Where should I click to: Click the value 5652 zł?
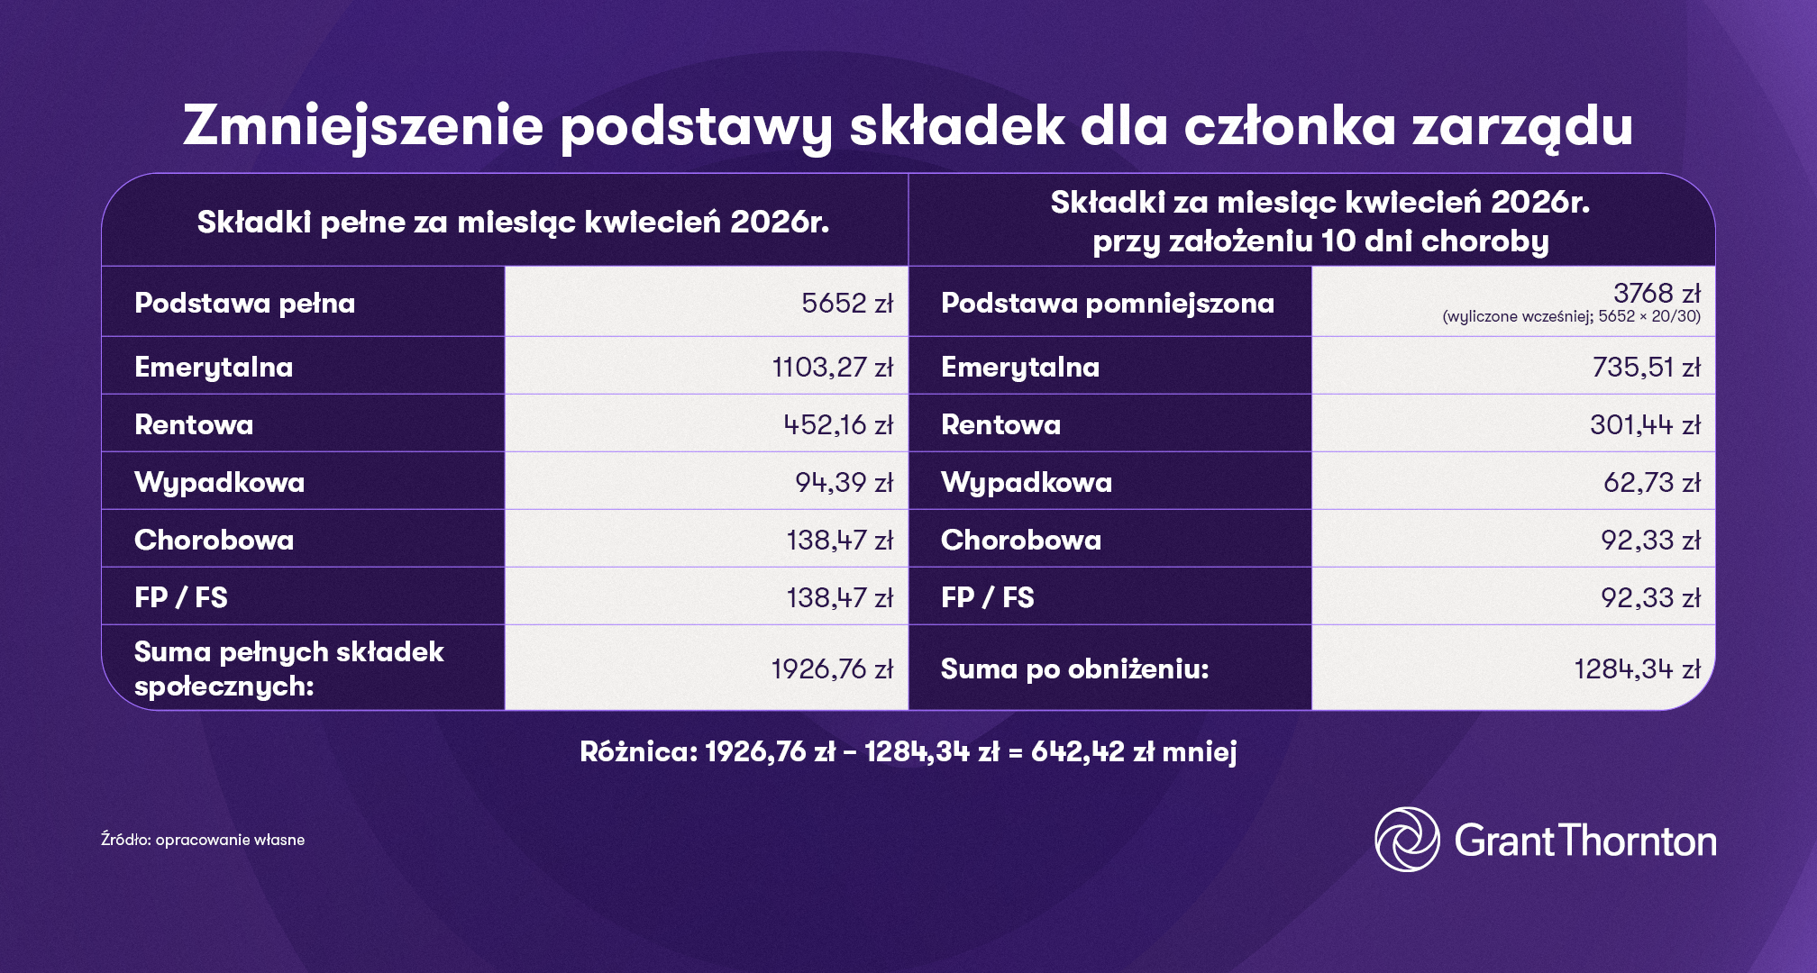pyautogui.click(x=846, y=304)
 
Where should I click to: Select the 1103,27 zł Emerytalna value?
pyautogui.click(x=832, y=368)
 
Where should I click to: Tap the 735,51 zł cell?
pyautogui.click(x=1645, y=368)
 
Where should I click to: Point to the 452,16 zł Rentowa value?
pyautogui.click(x=837, y=425)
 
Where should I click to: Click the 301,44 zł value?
pyautogui.click(x=1644, y=425)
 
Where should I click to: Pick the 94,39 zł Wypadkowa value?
pyautogui.click(x=843, y=483)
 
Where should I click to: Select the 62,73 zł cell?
pyautogui.click(x=1650, y=483)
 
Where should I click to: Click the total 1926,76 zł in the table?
pyautogui.click(x=831, y=669)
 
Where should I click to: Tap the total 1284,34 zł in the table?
pyautogui.click(x=1636, y=669)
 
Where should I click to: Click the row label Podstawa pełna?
pyautogui.click(x=244, y=304)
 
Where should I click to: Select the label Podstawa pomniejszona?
pyautogui.click(x=1107, y=304)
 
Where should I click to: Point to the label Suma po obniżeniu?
pyautogui.click(x=1074, y=669)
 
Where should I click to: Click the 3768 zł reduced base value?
pyautogui.click(x=1656, y=294)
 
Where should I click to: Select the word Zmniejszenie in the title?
pyautogui.click(x=363, y=125)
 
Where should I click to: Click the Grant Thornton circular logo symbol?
pyautogui.click(x=1406, y=840)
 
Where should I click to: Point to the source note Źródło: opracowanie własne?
pyautogui.click(x=203, y=840)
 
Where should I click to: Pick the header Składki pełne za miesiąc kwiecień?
pyautogui.click(x=513, y=222)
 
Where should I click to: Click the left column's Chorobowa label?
pyautogui.click(x=214, y=541)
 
